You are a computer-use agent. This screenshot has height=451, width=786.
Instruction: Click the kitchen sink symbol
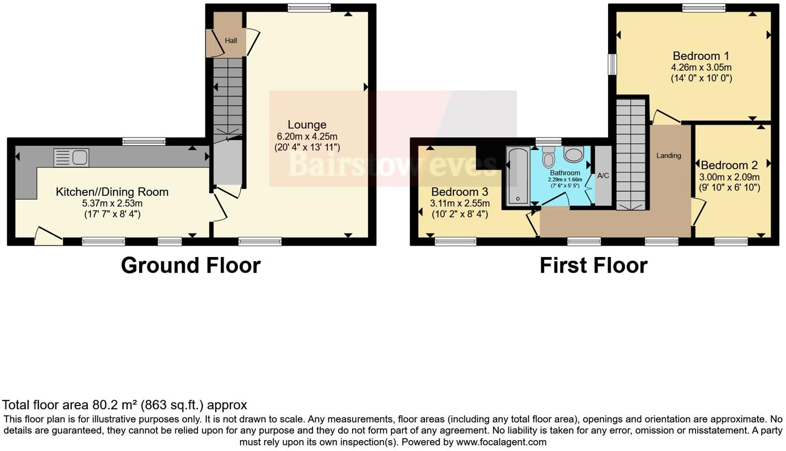[71, 158]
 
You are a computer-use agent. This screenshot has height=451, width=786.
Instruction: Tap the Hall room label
[231, 40]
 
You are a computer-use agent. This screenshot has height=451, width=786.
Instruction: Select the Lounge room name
[307, 125]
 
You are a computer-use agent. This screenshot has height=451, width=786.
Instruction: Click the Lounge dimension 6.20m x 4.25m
[307, 137]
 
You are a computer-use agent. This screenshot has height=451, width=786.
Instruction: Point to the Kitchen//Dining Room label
[112, 192]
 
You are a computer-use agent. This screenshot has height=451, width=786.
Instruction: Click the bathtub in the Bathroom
[518, 176]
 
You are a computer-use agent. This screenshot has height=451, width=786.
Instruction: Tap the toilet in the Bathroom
[548, 157]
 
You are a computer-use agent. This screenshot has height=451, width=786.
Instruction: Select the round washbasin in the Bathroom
[573, 154]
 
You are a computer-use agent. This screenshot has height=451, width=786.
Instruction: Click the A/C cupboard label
[603, 176]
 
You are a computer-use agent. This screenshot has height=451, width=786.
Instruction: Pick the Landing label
[669, 156]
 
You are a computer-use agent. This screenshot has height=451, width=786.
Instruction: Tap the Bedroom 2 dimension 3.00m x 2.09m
[729, 177]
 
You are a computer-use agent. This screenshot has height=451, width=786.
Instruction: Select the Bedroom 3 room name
[459, 192]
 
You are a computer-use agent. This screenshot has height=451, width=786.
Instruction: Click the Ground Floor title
[190, 265]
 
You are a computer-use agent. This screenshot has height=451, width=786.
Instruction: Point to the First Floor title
[593, 265]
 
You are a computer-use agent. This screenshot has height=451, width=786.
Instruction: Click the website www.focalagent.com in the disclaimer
[501, 442]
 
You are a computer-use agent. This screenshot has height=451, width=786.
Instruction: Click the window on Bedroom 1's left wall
[612, 65]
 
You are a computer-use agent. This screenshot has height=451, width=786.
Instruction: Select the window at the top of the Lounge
[309, 7]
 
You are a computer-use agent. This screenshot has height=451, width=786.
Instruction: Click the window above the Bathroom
[548, 141]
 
